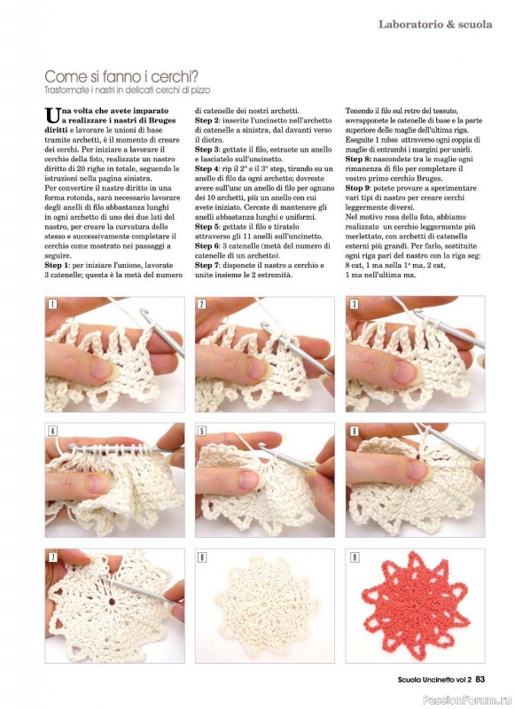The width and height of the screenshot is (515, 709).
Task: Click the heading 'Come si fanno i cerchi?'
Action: pos(121,75)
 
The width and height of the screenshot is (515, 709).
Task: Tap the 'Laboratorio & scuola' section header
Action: pos(435,25)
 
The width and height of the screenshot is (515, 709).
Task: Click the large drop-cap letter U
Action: pos(52,115)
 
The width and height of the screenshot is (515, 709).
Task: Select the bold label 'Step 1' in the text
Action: pos(57,265)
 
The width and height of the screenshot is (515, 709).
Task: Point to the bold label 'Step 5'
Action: pos(207,227)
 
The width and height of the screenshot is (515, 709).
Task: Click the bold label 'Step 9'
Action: pos(357,188)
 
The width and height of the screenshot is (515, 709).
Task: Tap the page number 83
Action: pos(480,679)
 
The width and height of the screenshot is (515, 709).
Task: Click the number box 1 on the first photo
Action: pos(53,304)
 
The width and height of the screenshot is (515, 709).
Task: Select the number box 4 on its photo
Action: pos(53,431)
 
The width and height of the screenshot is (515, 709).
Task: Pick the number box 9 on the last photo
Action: pos(355,557)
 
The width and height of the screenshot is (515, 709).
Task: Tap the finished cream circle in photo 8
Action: pos(264,606)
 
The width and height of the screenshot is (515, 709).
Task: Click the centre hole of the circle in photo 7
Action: pos(111,603)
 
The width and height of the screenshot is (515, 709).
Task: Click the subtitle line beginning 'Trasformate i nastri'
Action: pos(127,90)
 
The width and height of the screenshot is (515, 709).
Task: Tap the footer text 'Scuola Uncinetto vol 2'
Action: pos(434,679)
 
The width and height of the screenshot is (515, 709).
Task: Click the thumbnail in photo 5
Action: pos(249,480)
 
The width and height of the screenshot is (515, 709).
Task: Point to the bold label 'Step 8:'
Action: pos(359,160)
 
